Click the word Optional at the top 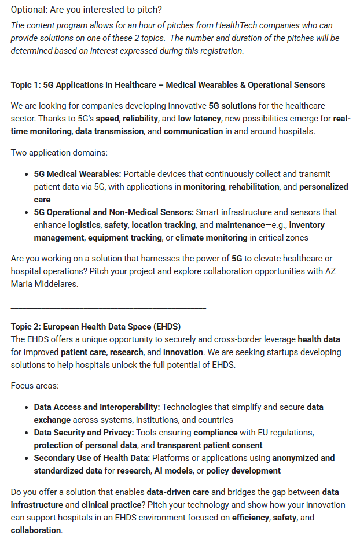point(29,10)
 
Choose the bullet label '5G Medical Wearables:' point(78,174)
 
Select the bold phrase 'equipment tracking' point(124,238)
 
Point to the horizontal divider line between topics point(108,307)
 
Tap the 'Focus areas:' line point(35,385)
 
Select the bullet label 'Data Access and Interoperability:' point(97,407)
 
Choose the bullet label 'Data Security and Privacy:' point(85,433)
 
